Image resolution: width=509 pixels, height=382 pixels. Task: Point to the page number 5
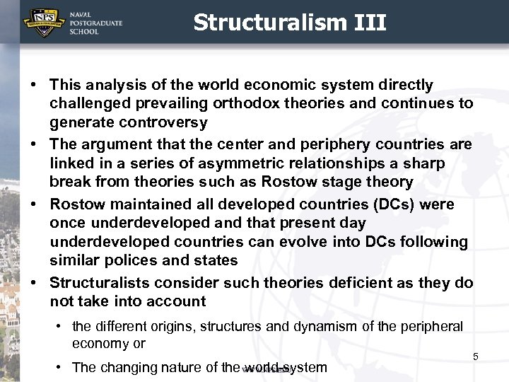click(x=476, y=357)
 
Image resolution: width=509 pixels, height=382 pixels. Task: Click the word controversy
click(x=164, y=122)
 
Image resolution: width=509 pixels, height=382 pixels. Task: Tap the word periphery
click(x=330, y=144)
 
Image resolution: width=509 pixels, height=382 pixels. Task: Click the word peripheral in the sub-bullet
click(x=432, y=326)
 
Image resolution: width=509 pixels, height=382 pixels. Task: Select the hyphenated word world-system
click(x=284, y=367)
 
